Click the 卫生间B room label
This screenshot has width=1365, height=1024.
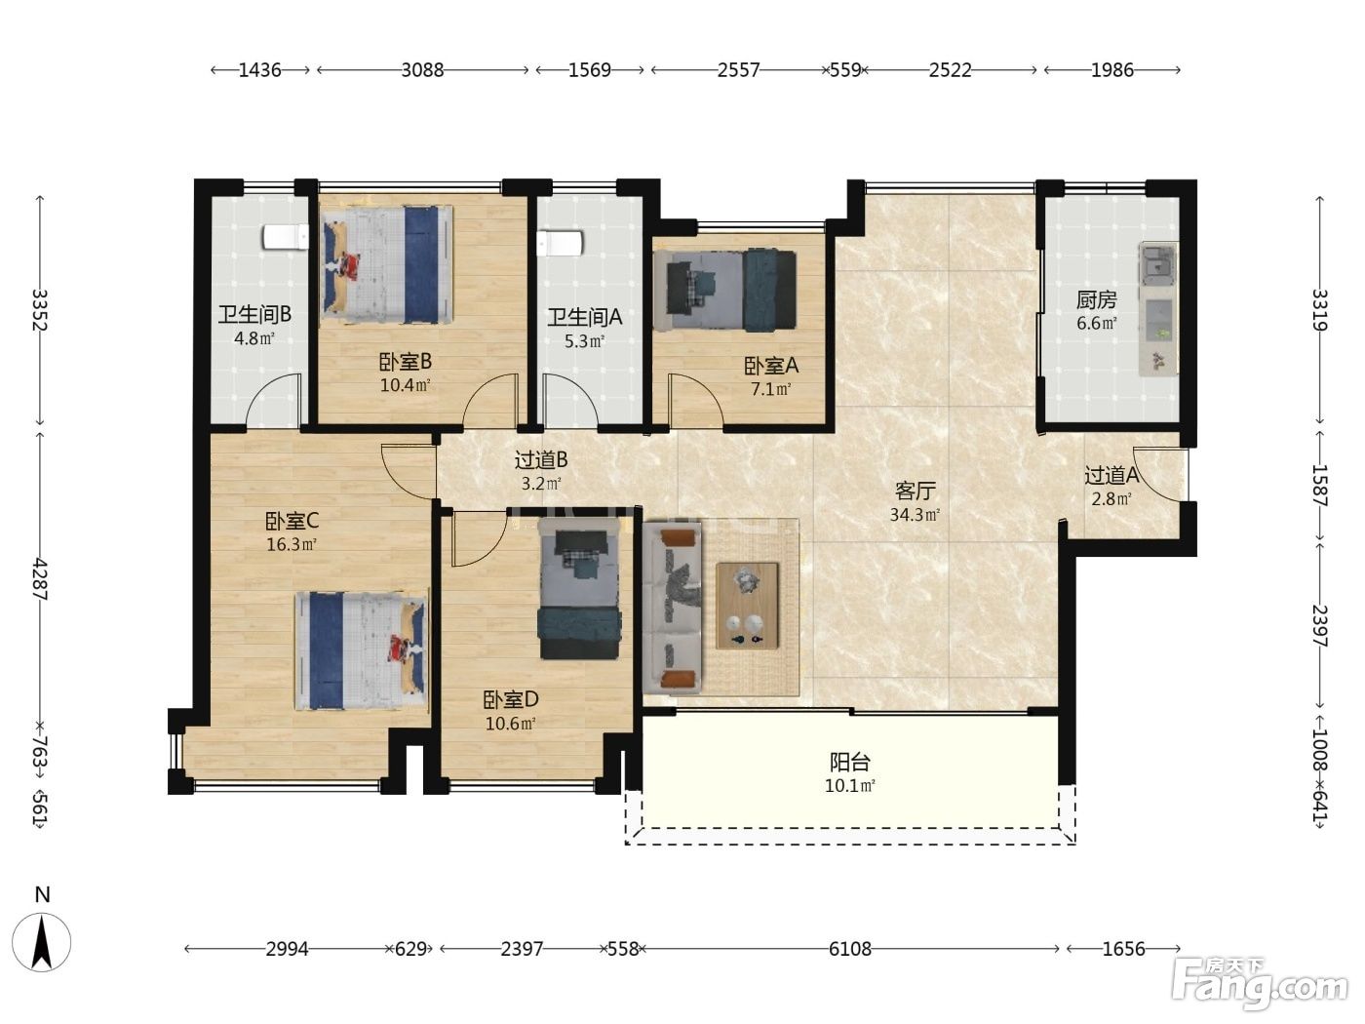click(x=254, y=315)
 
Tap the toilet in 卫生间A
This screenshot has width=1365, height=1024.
click(x=560, y=243)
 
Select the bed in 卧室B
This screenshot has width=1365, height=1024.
click(x=386, y=264)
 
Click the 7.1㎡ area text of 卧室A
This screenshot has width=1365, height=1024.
click(x=770, y=390)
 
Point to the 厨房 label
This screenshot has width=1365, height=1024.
click(x=1096, y=300)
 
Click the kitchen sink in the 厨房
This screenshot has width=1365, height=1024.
click(x=1156, y=263)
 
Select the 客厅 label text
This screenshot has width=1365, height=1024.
click(x=915, y=492)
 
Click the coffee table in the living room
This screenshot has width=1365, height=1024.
click(x=748, y=606)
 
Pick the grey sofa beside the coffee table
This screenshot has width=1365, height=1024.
click(x=673, y=608)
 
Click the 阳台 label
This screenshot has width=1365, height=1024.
click(x=849, y=763)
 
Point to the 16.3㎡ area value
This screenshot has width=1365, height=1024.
click(x=292, y=545)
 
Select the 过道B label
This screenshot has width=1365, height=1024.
click(x=541, y=460)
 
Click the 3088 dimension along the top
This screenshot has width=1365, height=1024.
click(x=422, y=69)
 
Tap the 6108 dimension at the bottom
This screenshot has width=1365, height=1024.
click(x=849, y=949)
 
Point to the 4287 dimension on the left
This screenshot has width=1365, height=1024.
click(x=40, y=579)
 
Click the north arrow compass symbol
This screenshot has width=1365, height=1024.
click(x=42, y=941)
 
